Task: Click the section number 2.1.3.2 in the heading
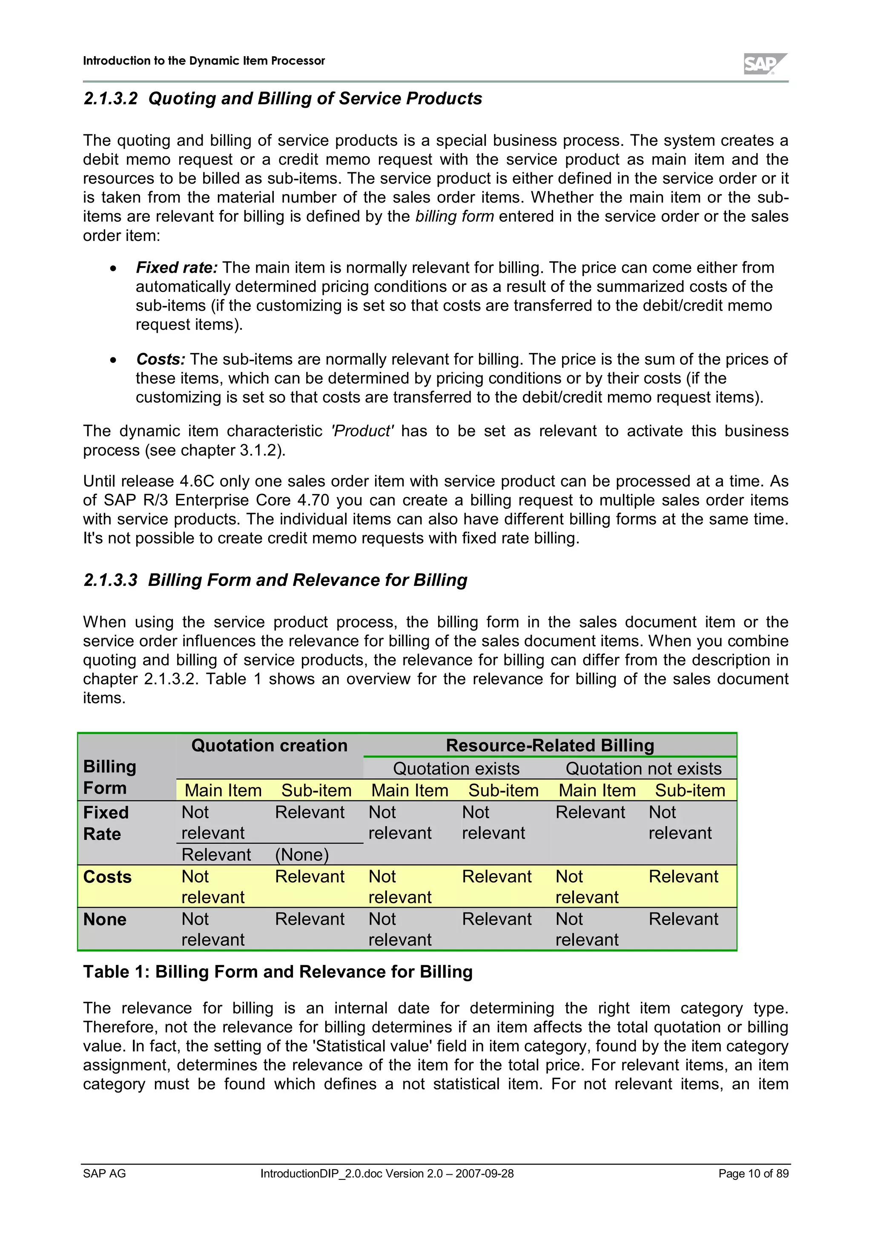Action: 111,99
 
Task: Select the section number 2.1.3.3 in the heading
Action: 111,580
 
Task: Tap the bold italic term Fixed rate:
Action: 177,268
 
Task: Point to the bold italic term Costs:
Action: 161,359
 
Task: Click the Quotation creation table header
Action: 269,746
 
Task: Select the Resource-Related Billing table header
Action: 550,746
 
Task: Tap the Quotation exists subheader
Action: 456,769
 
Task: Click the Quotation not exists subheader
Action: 643,769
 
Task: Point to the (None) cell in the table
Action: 301,855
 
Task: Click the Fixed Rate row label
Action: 106,823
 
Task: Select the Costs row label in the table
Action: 107,877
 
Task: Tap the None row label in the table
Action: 105,920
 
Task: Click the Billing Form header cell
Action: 109,777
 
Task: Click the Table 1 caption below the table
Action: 278,972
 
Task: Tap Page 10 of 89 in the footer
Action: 753,1173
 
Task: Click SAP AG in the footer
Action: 104,1173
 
